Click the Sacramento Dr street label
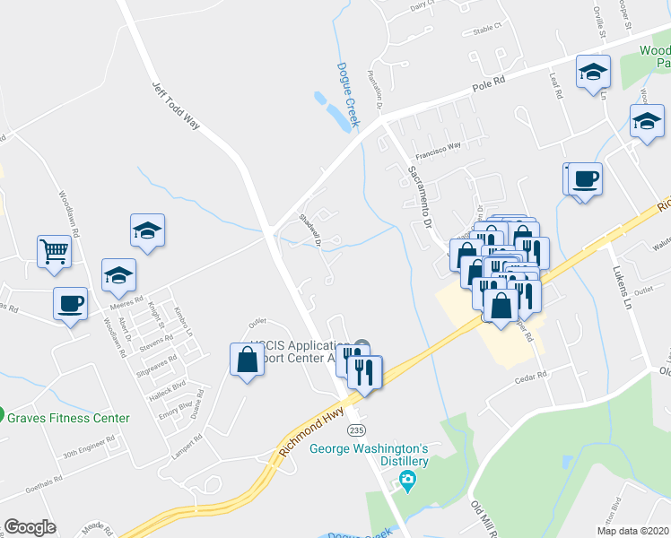[421, 196]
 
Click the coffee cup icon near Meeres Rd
[70, 303]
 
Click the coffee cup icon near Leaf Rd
[585, 178]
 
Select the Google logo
[30, 527]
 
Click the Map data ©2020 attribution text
[632, 531]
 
